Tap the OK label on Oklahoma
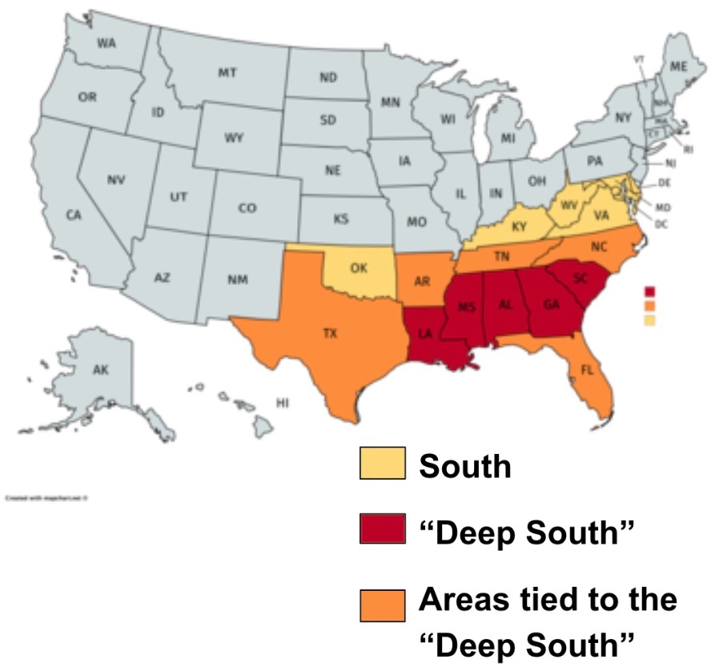pyautogui.click(x=359, y=269)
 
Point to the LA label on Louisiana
pyautogui.click(x=424, y=335)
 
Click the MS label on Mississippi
pyautogui.click(x=467, y=307)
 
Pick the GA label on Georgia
pyautogui.click(x=551, y=304)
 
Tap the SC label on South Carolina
pyautogui.click(x=581, y=277)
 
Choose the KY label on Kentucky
pyautogui.click(x=519, y=227)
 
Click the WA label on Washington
pyautogui.click(x=106, y=43)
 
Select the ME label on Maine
pyautogui.click(x=678, y=69)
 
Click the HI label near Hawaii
pyautogui.click(x=281, y=403)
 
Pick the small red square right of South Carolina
pyautogui.click(x=649, y=291)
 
